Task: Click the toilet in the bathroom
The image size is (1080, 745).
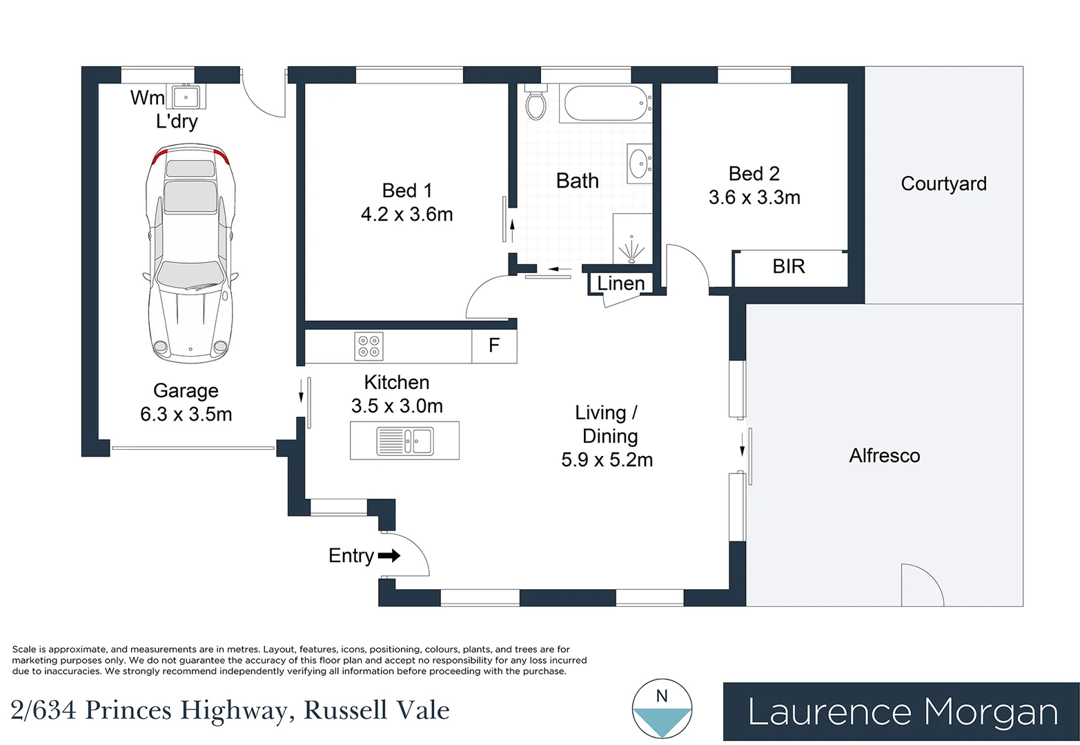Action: pyautogui.click(x=536, y=101)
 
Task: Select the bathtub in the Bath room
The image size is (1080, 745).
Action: pyautogui.click(x=606, y=103)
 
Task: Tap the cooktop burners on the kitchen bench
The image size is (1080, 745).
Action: pyautogui.click(x=369, y=346)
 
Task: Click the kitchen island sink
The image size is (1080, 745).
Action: pyautogui.click(x=405, y=441)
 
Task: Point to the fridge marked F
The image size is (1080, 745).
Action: pyautogui.click(x=494, y=346)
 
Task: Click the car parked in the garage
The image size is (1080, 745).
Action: pyautogui.click(x=190, y=253)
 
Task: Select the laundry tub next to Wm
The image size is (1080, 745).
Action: pyautogui.click(x=186, y=97)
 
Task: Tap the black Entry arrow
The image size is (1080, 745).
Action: pyautogui.click(x=389, y=555)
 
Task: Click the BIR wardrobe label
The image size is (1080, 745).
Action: pyautogui.click(x=789, y=266)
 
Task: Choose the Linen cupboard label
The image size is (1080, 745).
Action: pyautogui.click(x=621, y=284)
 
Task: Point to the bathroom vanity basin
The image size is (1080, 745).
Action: pyautogui.click(x=639, y=163)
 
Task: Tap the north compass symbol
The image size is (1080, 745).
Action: pyautogui.click(x=662, y=708)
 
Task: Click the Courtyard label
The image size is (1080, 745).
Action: pyautogui.click(x=943, y=183)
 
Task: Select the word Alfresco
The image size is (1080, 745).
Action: pyautogui.click(x=885, y=455)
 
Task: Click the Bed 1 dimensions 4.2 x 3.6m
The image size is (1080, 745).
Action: pyautogui.click(x=407, y=215)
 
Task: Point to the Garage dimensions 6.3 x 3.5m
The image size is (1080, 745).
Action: pyautogui.click(x=186, y=415)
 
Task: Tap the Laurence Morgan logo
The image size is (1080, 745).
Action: pyautogui.click(x=901, y=711)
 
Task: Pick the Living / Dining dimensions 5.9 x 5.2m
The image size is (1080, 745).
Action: pyautogui.click(x=607, y=459)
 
